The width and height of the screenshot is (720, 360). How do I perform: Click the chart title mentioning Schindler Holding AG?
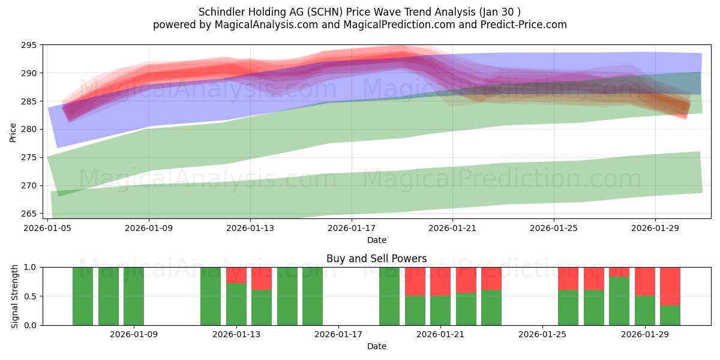point(359,11)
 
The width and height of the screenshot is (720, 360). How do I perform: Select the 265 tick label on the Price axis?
point(29,214)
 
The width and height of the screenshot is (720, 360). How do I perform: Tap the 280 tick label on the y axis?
point(29,130)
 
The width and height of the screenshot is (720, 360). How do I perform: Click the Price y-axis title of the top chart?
point(13,132)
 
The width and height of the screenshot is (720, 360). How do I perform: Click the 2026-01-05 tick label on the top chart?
point(48,228)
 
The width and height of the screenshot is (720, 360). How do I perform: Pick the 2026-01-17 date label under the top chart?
point(352,228)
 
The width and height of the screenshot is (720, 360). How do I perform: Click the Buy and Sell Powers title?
point(376,259)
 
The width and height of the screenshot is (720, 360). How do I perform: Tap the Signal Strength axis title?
point(15,296)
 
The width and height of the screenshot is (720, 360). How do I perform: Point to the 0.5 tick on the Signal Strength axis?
point(30,296)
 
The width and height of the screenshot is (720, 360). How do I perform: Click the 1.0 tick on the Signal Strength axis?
point(30,267)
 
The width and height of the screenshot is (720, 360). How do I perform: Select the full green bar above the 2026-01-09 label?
point(134,296)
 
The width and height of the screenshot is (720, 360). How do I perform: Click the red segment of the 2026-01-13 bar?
point(236,275)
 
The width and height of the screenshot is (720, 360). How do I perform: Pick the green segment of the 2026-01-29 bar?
point(645,310)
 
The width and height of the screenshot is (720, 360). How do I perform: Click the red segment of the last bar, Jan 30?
point(670,286)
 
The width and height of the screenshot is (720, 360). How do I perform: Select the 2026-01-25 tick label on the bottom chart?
point(542,334)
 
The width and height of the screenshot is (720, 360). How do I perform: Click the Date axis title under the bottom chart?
point(376,346)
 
